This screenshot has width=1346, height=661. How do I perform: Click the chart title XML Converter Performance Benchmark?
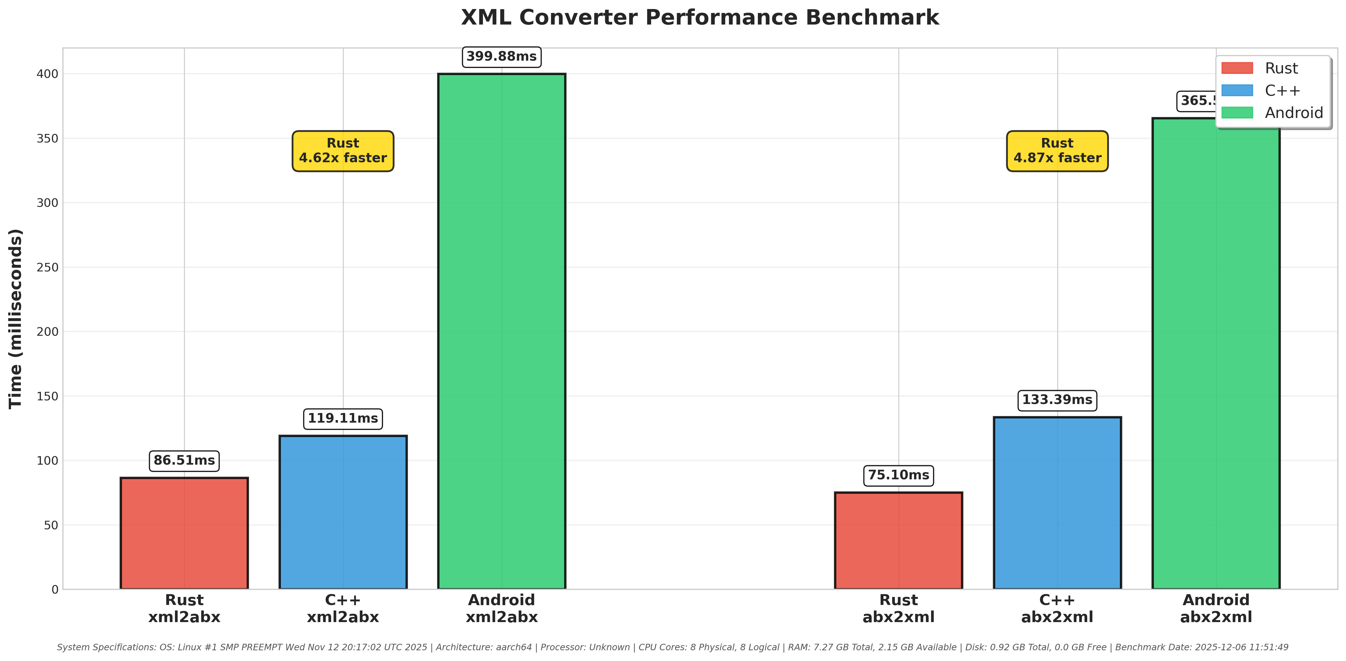pos(700,18)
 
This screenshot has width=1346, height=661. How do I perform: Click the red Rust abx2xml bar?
pos(898,540)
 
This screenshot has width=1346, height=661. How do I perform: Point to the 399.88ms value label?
pos(502,56)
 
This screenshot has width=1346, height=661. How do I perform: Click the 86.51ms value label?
pos(184,460)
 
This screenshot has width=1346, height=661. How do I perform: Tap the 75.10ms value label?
pos(898,475)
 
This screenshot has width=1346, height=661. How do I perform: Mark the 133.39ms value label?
pos(1057,400)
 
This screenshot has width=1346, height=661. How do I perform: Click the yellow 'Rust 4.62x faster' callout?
pos(343,151)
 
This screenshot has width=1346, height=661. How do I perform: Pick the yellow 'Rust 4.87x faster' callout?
pos(1057,151)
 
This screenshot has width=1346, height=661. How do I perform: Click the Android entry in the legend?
pos(1293,113)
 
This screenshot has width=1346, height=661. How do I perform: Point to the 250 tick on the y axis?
pos(47,267)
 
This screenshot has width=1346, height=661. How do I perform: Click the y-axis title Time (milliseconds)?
pos(16,319)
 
